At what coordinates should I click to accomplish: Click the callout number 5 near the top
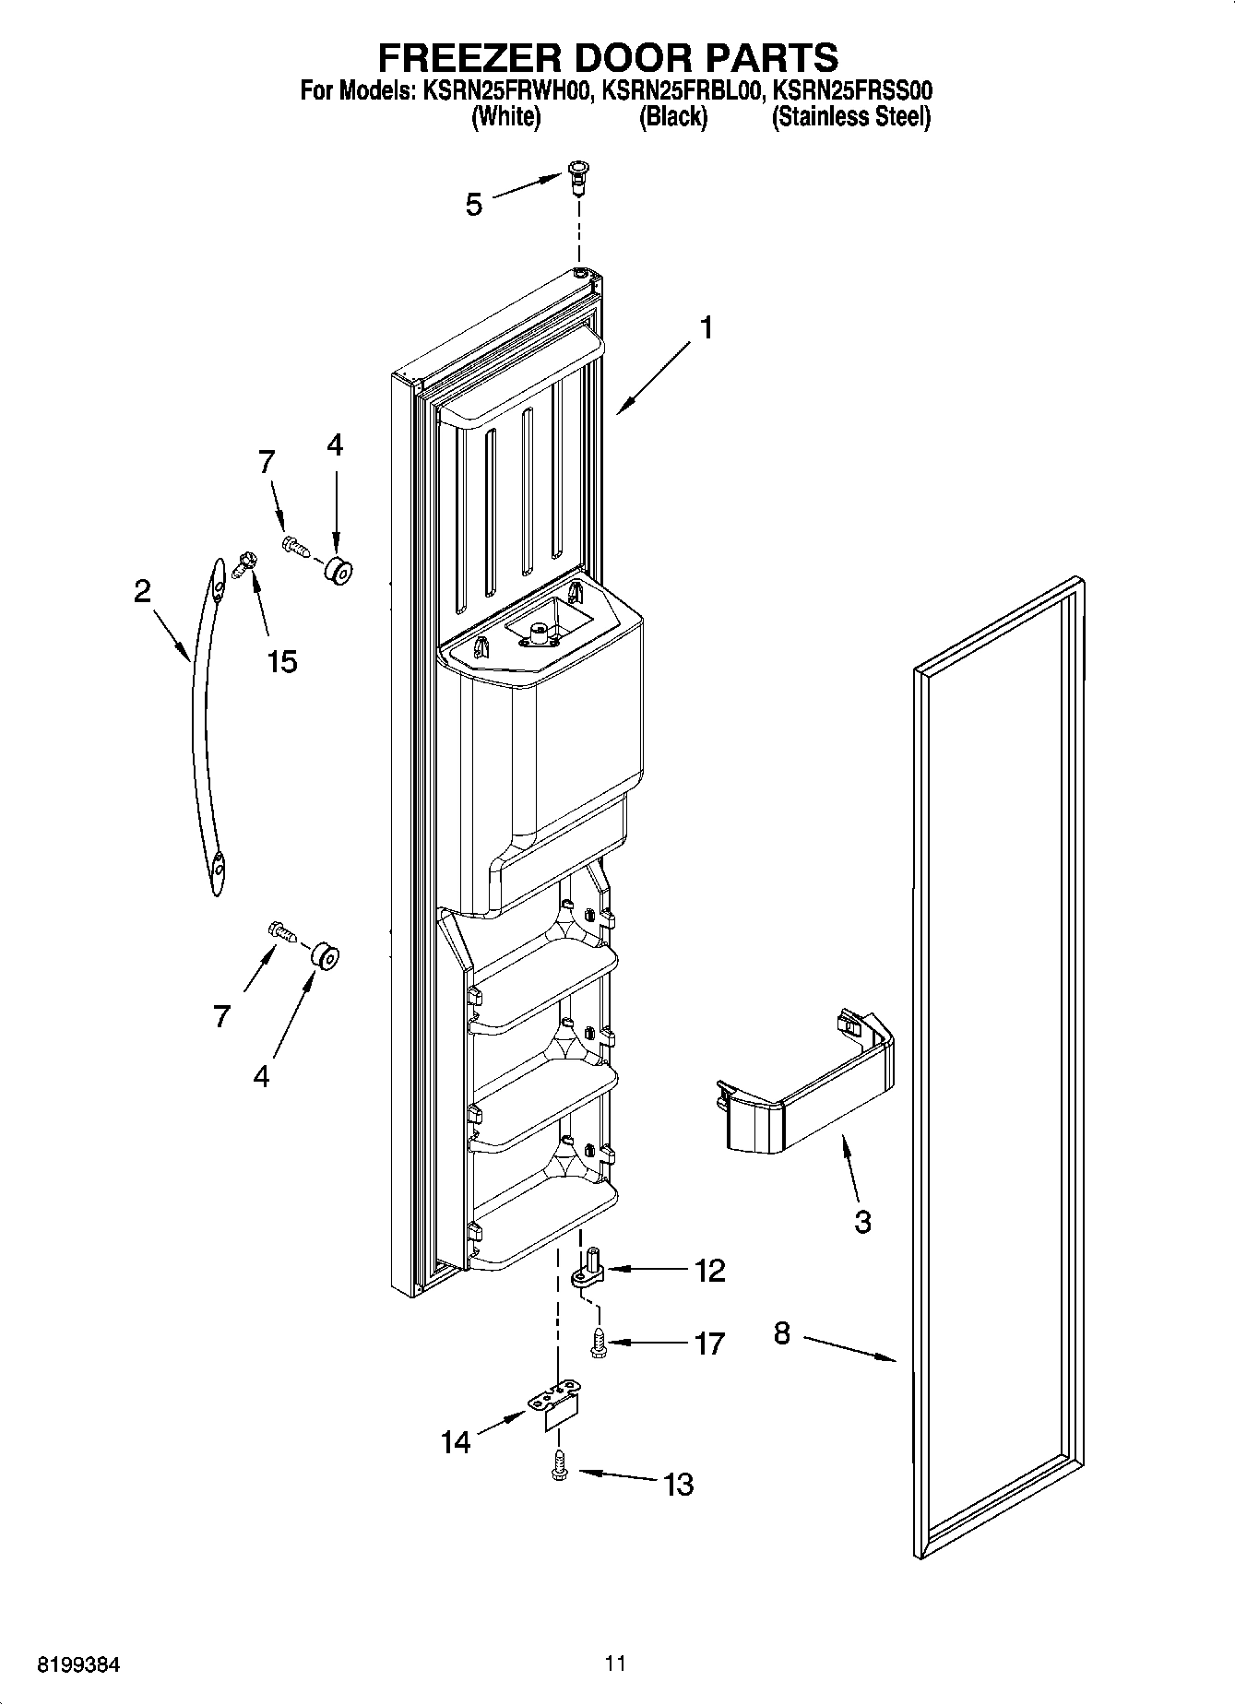click(474, 205)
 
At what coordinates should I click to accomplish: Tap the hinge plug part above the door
click(579, 175)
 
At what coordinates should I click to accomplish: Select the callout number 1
click(706, 328)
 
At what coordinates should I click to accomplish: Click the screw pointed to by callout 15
click(245, 562)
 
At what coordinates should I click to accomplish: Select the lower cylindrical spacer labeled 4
click(324, 956)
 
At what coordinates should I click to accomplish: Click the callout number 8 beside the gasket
click(782, 1333)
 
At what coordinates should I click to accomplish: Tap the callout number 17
click(708, 1344)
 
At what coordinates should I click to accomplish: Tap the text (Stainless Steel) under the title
click(850, 118)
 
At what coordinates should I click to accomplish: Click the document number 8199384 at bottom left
click(77, 1665)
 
